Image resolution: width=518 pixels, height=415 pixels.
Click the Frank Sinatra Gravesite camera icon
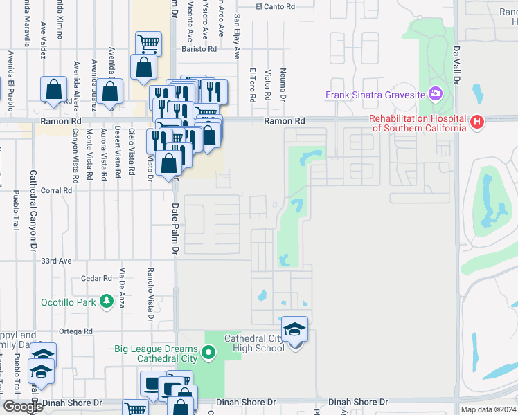[x=435, y=93]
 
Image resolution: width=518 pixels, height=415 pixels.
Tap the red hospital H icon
[x=476, y=122]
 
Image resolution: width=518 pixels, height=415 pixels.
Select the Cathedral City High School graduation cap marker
[x=294, y=329]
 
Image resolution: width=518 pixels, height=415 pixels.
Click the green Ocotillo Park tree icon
[x=106, y=302]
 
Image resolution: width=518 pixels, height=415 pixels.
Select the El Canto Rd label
[x=275, y=7]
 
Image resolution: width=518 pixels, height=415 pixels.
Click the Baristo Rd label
[x=199, y=49]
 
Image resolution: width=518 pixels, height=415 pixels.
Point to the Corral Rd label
[x=57, y=190]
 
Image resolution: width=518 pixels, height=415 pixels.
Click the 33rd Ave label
[x=56, y=261]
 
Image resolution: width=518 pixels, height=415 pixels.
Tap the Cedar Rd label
[x=96, y=279]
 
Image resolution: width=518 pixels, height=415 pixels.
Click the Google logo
[x=24, y=407]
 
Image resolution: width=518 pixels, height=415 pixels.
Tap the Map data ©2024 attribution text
[x=489, y=409]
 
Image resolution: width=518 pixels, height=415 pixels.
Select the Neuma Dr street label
[x=283, y=85]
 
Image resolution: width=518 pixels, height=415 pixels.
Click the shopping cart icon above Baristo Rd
[x=148, y=44]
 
